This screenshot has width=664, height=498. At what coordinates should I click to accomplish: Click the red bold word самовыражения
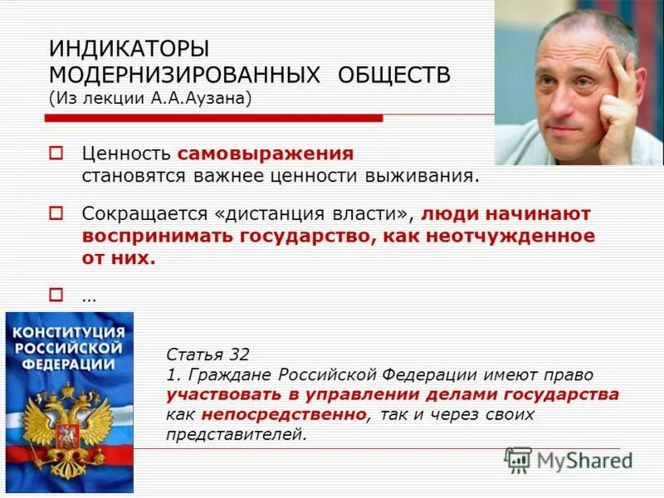click(x=265, y=154)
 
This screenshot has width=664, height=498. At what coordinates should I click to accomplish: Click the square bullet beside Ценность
click(x=56, y=154)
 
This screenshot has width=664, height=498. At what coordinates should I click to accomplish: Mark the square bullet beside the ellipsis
click(x=56, y=292)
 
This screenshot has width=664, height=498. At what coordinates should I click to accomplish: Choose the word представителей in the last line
click(x=236, y=433)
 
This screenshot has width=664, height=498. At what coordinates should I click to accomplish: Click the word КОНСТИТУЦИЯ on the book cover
click(x=68, y=332)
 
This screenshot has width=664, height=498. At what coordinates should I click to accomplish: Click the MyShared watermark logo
click(x=568, y=460)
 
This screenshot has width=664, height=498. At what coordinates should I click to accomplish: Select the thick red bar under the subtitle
click(x=216, y=119)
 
